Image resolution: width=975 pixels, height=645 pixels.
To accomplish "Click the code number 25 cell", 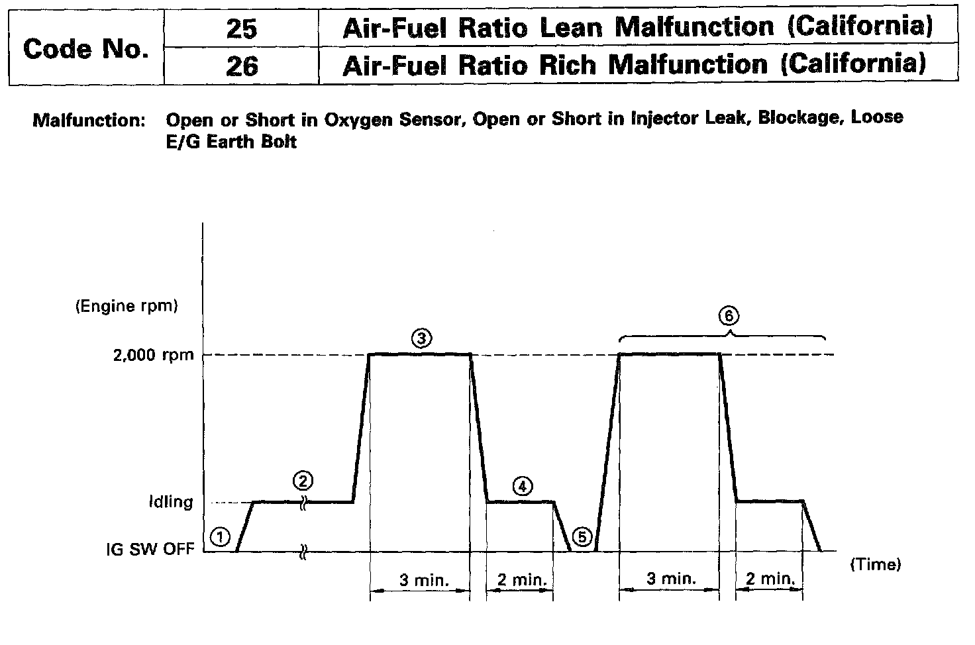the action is point(241,28).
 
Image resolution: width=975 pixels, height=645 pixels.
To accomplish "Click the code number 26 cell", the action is point(241,66).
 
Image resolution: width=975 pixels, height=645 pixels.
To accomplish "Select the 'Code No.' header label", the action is point(85,48).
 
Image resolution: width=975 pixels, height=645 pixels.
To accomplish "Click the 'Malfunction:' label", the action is point(89,121).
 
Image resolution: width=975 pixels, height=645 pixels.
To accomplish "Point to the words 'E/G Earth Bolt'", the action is point(231,141).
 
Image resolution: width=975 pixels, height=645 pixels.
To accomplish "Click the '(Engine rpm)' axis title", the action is point(127,306).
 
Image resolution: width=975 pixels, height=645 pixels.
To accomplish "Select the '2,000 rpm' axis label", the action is point(154,355).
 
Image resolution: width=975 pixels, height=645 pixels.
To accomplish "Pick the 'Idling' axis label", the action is point(171,501).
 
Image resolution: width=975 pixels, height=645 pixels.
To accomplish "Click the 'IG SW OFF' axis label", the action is point(150,550).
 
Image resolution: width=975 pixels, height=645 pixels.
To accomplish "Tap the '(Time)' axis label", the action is point(875,564).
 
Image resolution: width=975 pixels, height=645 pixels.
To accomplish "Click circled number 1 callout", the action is point(221,536).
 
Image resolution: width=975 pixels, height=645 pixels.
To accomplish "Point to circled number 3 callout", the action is point(421,338).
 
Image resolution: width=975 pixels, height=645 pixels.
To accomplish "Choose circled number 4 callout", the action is point(523,486).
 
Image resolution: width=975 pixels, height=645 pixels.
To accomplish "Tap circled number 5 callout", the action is point(582,537).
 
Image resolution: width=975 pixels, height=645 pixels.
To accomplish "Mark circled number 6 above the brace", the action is point(729,316).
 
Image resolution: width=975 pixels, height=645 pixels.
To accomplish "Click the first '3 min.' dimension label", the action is point(424,580).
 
